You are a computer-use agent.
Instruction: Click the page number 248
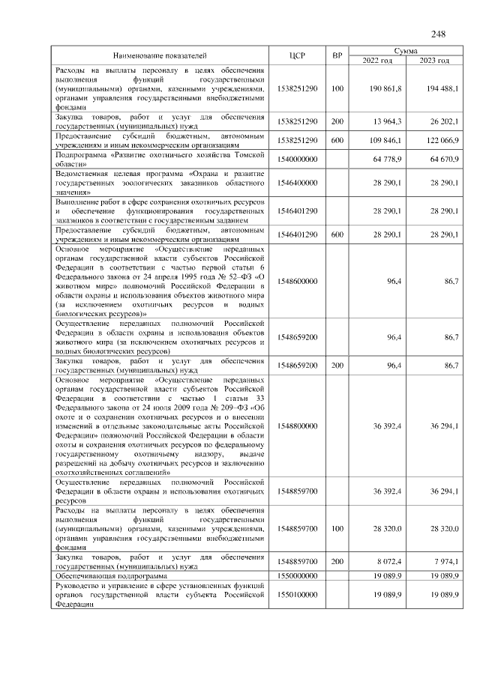(438, 34)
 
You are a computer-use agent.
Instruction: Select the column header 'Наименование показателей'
(159, 55)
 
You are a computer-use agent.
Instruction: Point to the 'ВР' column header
(337, 55)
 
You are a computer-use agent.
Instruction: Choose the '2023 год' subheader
(434, 61)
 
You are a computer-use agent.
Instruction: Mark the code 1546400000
(297, 182)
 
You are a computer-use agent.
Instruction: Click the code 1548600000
(297, 281)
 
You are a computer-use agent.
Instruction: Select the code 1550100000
(297, 593)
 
